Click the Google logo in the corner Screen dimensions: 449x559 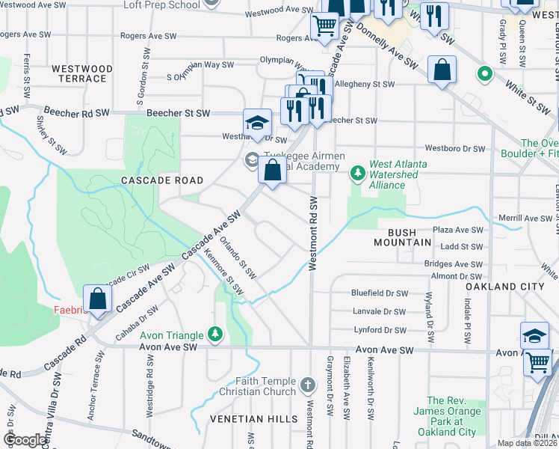(25, 440)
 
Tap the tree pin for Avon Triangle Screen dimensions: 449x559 (215, 333)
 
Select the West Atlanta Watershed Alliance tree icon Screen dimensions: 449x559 (358, 174)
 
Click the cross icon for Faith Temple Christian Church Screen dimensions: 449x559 (306, 385)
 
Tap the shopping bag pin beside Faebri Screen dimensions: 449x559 (96, 299)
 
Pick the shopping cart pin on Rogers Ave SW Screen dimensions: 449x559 (325, 26)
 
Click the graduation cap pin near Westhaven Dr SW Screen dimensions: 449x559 (256, 123)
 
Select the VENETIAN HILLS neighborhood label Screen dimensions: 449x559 (253, 419)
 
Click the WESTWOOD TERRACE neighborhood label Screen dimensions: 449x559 (82, 73)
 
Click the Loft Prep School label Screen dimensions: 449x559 (162, 4)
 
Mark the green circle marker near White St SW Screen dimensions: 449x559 (485, 74)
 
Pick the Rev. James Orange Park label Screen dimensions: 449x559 (451, 417)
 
